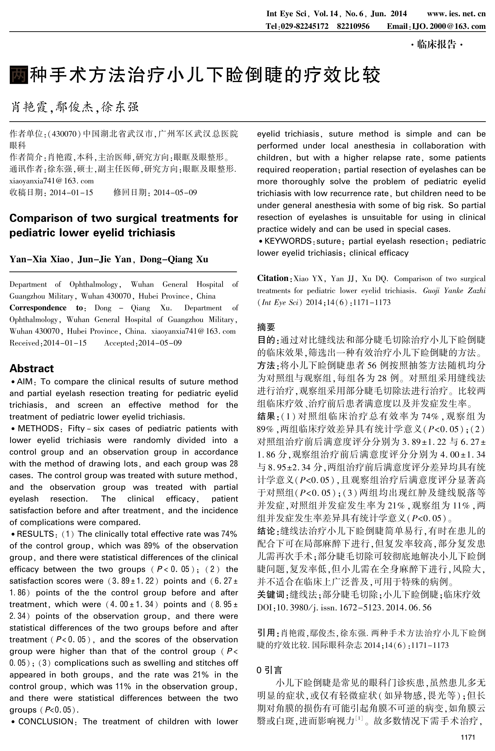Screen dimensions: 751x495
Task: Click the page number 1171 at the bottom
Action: pos(468,737)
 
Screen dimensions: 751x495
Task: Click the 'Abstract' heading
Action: pos(32,368)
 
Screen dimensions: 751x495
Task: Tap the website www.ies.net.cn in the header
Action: pos(456,14)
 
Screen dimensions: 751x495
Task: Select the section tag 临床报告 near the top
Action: pos(437,44)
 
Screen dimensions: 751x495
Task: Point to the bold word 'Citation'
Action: pos(272,278)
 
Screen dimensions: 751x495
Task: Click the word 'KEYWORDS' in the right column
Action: pos(288,241)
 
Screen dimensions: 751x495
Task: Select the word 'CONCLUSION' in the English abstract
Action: pos(45,721)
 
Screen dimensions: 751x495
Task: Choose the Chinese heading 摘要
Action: pos(266,327)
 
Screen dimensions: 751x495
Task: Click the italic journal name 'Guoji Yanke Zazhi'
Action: pos(454,290)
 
